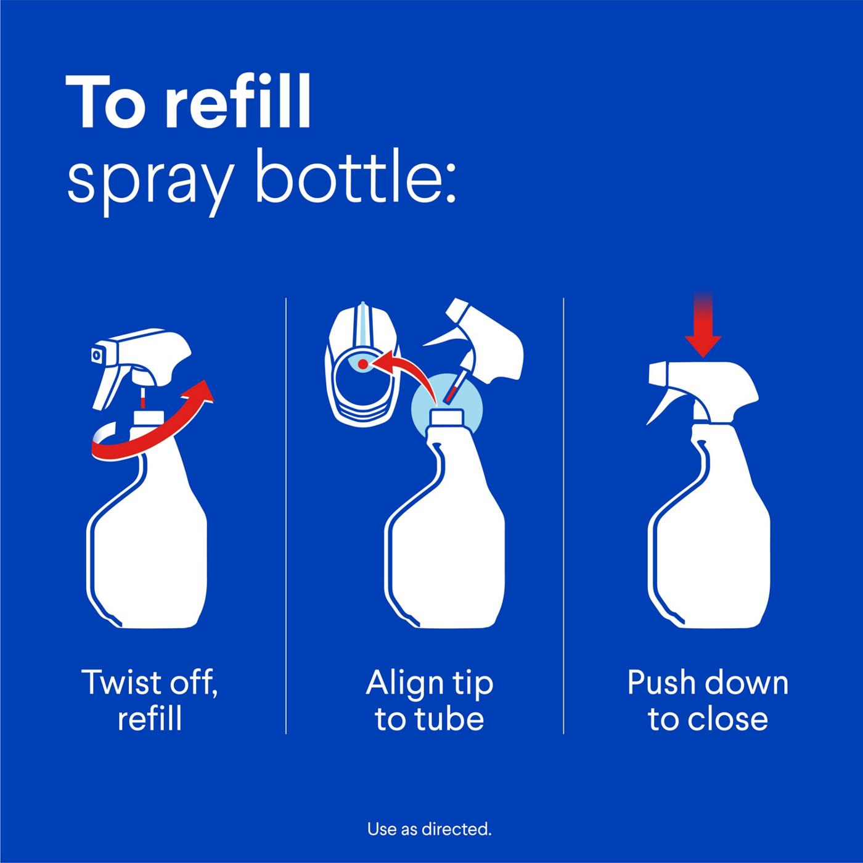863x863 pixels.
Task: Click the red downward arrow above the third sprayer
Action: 703,336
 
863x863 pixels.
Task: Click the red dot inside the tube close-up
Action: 363,364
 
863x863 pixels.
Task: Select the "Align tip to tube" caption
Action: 429,700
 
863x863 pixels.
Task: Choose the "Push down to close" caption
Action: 708,700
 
